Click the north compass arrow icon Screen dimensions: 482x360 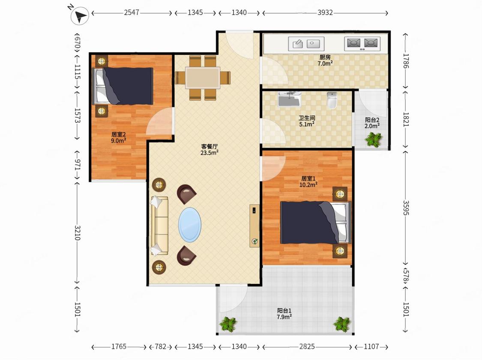tap(80, 16)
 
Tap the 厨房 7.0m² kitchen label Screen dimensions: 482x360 tap(325, 60)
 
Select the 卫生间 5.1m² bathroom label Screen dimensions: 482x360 tap(307, 121)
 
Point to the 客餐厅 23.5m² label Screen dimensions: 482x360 tap(210, 149)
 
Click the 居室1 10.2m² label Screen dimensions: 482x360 tap(308, 181)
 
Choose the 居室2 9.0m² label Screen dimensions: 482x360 tap(118, 137)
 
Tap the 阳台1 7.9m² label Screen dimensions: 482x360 tap(284, 314)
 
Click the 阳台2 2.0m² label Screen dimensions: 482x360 tap(372, 123)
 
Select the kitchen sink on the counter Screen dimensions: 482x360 tap(306, 44)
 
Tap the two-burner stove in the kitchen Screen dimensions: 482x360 tap(362, 44)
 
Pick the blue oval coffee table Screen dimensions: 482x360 tap(190, 225)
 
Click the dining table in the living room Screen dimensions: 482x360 tap(203, 78)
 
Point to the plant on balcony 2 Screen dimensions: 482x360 tap(374, 139)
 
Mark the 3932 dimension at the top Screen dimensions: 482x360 tap(325, 12)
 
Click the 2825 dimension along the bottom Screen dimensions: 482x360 tap(307, 347)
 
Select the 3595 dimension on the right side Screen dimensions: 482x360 tap(406, 208)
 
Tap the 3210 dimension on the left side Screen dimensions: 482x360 tap(77, 233)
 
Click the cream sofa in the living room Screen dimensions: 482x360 tap(159, 226)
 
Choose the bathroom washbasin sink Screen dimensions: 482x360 tap(289, 99)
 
